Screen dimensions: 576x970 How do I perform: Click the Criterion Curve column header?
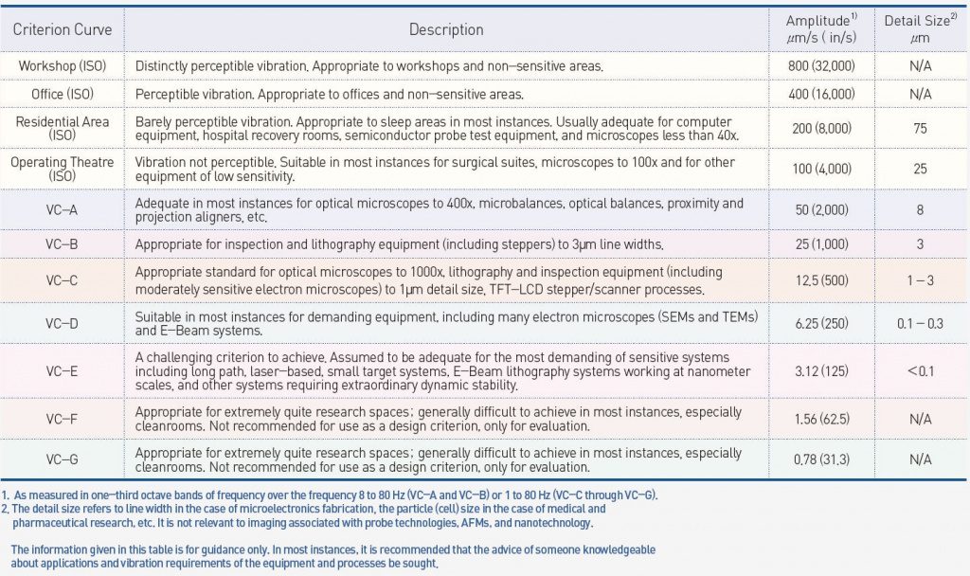(x=63, y=29)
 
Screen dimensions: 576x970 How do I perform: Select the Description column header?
(x=446, y=29)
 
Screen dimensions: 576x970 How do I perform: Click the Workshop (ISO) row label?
(x=63, y=65)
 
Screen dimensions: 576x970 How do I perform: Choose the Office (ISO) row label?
(x=63, y=95)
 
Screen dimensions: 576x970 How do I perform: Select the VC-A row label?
(x=63, y=210)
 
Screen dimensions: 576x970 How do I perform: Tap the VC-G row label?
(x=63, y=459)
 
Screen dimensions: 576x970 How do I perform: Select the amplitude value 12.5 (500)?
(x=820, y=281)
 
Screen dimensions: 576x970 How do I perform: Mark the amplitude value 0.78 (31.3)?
(x=820, y=459)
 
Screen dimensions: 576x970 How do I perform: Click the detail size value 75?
(x=920, y=129)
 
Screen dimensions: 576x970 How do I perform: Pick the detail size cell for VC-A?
(x=920, y=210)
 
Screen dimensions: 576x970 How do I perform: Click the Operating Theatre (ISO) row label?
(x=63, y=169)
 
